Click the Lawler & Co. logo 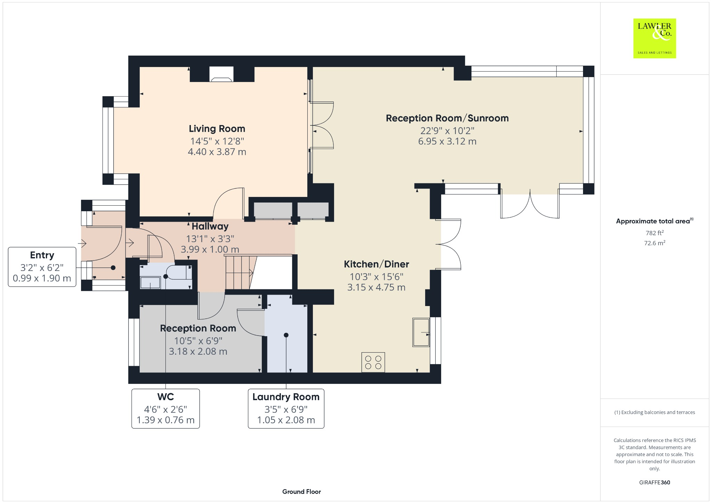[x=654, y=38]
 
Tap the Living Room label [x=217, y=129]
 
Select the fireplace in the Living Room [x=221, y=74]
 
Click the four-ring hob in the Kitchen [x=373, y=362]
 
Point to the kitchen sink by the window [x=421, y=332]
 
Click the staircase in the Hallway [x=240, y=273]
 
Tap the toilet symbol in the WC [x=179, y=273]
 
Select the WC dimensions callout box [x=165, y=409]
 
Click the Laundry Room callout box [x=286, y=409]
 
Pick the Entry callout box [x=42, y=267]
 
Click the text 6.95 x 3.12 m [x=447, y=141]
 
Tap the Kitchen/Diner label [x=376, y=264]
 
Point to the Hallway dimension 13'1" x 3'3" [x=210, y=239]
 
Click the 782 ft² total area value [x=654, y=233]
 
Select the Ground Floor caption [x=301, y=492]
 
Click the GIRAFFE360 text [x=654, y=482]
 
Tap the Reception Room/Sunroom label [x=447, y=118]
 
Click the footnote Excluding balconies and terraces [x=654, y=412]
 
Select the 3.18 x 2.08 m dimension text [x=198, y=352]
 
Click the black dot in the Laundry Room [x=286, y=335]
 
